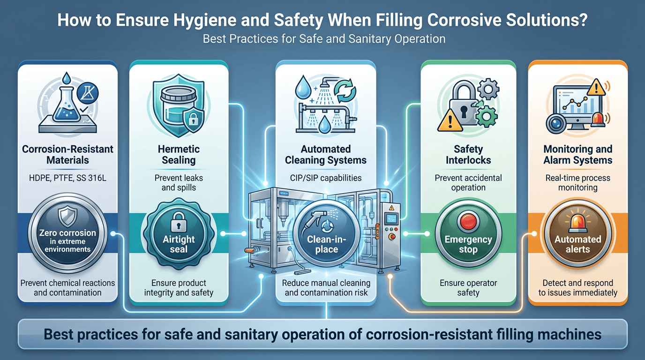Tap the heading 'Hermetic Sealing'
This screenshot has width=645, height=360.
click(179, 155)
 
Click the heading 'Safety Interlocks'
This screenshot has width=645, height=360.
click(468, 155)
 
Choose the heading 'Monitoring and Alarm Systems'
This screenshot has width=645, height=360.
click(577, 155)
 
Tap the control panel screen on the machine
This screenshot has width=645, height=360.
click(392, 219)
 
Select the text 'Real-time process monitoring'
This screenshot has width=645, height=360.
click(577, 182)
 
